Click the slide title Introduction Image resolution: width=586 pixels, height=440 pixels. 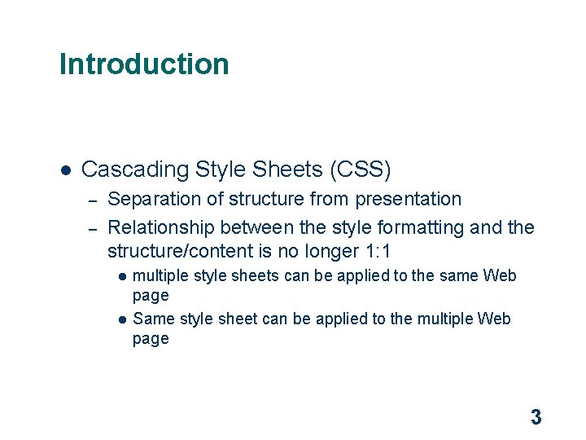tap(144, 64)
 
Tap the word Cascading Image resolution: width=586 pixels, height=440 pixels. tap(135, 169)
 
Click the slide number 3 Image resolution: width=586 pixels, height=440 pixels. tap(536, 418)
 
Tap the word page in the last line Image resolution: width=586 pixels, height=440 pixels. tap(151, 340)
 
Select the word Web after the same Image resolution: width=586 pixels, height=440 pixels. tap(500, 275)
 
